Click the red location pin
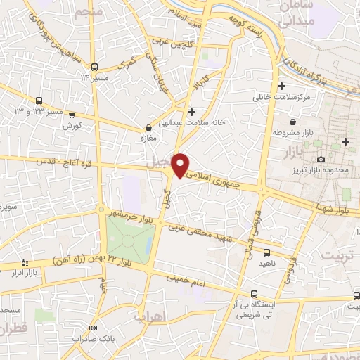(x=181, y=164)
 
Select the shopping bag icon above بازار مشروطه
(x=281, y=120)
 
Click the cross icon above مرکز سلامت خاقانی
(x=282, y=86)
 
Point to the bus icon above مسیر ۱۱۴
(x=95, y=67)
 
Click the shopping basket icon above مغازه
(x=148, y=128)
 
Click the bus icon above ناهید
(x=266, y=251)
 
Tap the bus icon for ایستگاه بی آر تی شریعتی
(x=254, y=295)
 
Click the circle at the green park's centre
(x=129, y=240)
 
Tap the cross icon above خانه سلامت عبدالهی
(x=191, y=112)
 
